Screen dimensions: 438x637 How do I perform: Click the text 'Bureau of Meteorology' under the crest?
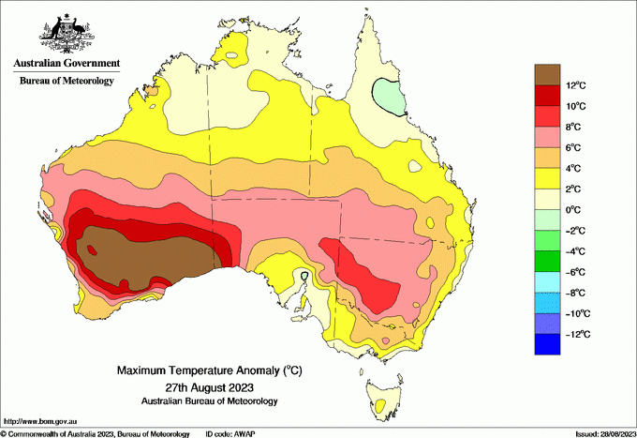(67, 81)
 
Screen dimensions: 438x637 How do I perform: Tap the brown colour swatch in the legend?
(547, 74)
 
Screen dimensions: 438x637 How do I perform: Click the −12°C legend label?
(574, 334)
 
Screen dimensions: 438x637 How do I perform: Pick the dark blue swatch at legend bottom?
(547, 344)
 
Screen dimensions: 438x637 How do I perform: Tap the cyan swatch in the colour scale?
(547, 282)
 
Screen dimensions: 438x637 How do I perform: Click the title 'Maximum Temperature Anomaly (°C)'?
(209, 371)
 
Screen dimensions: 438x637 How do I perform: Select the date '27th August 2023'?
(210, 386)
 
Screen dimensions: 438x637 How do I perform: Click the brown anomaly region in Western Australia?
(150, 253)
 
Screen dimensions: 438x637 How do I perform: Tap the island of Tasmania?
(386, 399)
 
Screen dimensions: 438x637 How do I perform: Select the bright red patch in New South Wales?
(370, 277)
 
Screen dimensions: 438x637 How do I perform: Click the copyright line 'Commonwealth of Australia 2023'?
(94, 433)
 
